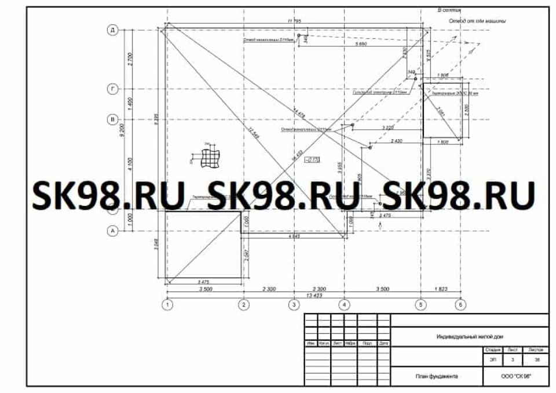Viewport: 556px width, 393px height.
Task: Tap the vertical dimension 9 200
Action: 122,132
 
